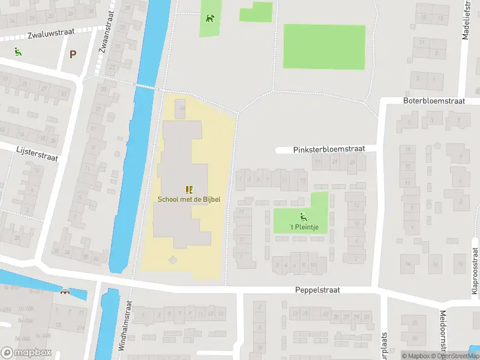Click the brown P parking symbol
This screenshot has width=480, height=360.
[x=73, y=54]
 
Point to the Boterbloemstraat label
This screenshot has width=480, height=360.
[x=434, y=101]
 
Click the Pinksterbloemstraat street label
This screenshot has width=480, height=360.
[x=329, y=149]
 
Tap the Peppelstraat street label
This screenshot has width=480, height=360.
[x=317, y=290]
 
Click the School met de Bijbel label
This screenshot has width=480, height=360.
[x=189, y=199]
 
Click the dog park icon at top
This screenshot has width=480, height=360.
[x=210, y=18]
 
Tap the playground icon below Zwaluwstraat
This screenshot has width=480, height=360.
[x=18, y=52]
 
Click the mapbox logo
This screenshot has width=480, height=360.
[x=26, y=353]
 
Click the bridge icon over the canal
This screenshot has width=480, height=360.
[x=65, y=292]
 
